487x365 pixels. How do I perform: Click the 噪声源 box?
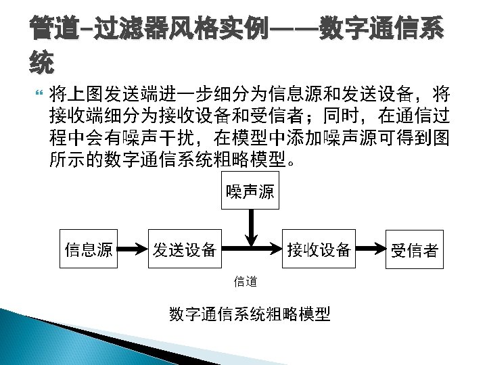(250, 191)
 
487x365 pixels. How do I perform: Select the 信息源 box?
(88, 249)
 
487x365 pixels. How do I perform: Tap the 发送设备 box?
(184, 249)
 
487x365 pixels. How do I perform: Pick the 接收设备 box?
(319, 249)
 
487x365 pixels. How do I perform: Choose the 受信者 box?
(414, 250)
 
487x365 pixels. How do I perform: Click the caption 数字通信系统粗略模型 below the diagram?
(250, 314)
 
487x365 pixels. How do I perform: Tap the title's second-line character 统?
(42, 64)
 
